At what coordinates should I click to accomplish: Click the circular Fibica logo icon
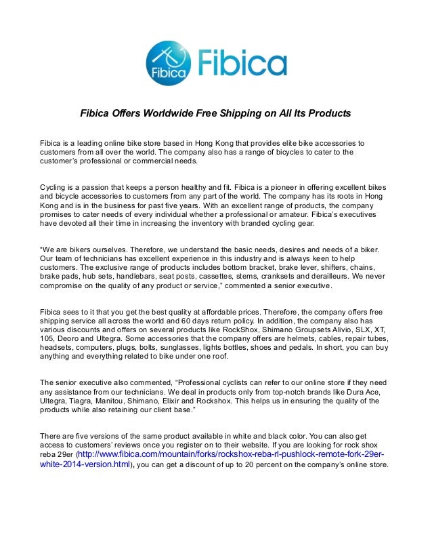point(169,63)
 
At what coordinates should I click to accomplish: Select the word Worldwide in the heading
point(152,113)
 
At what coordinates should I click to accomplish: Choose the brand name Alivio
point(301,334)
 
